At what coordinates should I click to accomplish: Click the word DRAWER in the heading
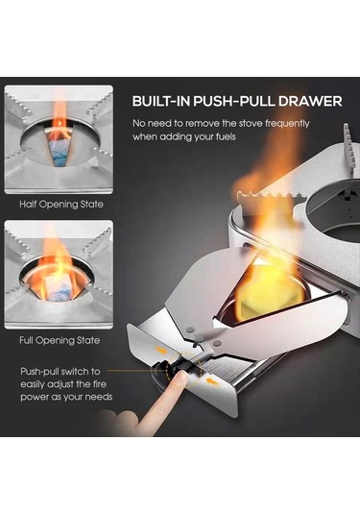coord(310,101)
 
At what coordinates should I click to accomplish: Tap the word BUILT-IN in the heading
coord(161,101)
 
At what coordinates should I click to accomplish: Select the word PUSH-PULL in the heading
coord(234,101)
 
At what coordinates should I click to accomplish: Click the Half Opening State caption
coord(61,205)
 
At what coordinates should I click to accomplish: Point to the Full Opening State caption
coord(60,340)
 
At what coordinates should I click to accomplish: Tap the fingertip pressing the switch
coord(179,380)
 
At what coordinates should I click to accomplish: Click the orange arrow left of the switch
coord(160,351)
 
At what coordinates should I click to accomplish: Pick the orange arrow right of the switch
coord(211,380)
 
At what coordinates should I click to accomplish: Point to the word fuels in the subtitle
coord(226,136)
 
